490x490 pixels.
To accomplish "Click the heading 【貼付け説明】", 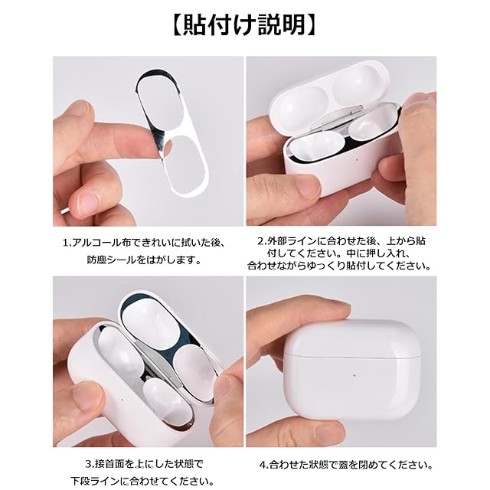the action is click(245, 25).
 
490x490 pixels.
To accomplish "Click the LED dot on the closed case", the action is click(354, 375).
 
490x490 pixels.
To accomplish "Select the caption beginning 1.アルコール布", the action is click(144, 243).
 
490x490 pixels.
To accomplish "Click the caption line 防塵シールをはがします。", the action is click(144, 260).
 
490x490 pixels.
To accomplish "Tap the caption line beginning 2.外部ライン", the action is click(341, 241).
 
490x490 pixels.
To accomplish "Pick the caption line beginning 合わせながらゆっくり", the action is click(339, 266).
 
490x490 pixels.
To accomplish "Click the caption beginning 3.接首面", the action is click(145, 464).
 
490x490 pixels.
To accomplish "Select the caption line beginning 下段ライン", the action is click(142, 482).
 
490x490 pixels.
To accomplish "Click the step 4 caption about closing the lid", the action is click(346, 465).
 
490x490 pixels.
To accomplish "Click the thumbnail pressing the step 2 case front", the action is click(304, 190).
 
